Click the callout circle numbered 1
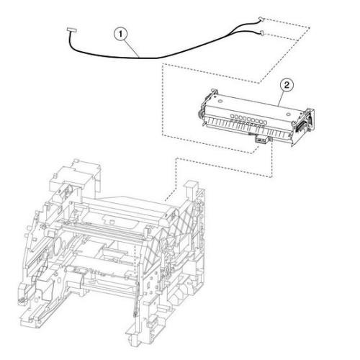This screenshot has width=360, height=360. click(120, 35)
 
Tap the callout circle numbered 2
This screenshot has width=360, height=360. click(287, 85)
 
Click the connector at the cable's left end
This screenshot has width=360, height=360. click(72, 30)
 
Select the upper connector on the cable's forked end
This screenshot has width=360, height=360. click(261, 19)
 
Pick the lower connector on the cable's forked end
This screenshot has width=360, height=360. click(263, 32)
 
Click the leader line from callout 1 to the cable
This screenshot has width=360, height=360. click(132, 48)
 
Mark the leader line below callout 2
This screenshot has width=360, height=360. click(282, 99)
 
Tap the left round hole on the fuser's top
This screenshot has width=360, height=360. click(220, 102)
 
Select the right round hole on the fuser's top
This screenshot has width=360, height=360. click(288, 114)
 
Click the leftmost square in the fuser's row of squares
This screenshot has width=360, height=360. click(233, 116)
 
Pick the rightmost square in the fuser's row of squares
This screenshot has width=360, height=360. click(265, 122)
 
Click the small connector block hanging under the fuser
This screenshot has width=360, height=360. click(261, 140)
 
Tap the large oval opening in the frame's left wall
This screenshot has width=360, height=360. click(58, 248)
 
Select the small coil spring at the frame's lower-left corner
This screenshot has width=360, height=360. click(22, 300)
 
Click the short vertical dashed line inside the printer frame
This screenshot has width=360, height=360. click(136, 261)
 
